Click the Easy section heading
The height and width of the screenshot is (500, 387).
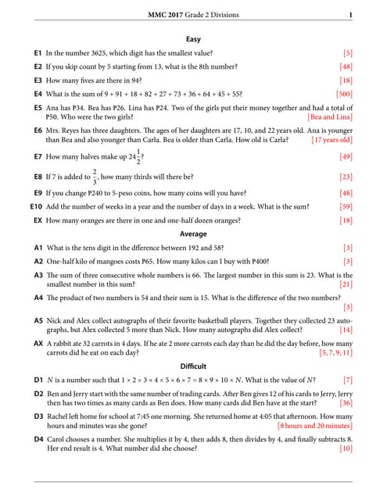tap(193, 38)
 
